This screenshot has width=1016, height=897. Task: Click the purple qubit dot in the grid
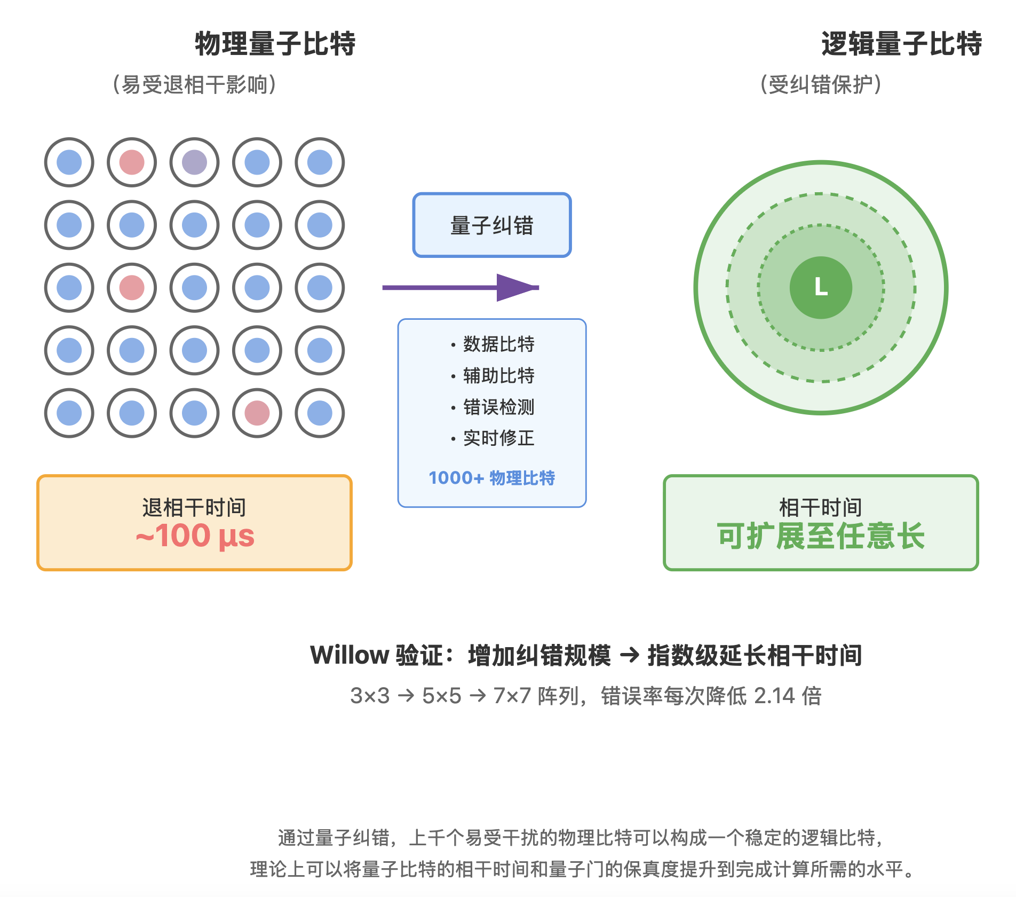pyautogui.click(x=194, y=162)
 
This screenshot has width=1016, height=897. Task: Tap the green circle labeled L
pyautogui.click(x=821, y=288)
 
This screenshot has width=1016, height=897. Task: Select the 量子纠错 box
pyautogui.click(x=491, y=225)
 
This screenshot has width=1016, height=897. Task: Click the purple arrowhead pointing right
pyautogui.click(x=515, y=288)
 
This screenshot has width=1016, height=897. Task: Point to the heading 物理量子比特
pyautogui.click(x=275, y=44)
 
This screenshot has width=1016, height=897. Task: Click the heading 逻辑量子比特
pyautogui.click(x=901, y=44)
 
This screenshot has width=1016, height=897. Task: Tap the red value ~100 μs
pyautogui.click(x=195, y=536)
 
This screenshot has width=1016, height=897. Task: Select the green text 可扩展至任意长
pyautogui.click(x=821, y=536)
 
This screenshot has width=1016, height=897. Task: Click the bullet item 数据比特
pyautogui.click(x=498, y=344)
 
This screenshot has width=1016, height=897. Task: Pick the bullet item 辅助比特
pyautogui.click(x=498, y=376)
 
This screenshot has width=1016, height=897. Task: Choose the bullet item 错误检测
pyautogui.click(x=498, y=407)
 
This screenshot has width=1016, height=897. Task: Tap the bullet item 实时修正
pyautogui.click(x=498, y=438)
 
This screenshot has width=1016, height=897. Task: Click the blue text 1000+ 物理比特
pyautogui.click(x=491, y=478)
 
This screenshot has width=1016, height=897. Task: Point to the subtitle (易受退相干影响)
pyautogui.click(x=194, y=85)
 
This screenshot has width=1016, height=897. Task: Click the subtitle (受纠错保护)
pyautogui.click(x=821, y=85)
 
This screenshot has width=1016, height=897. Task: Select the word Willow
pyautogui.click(x=350, y=655)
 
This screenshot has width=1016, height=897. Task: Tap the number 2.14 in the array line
pyautogui.click(x=773, y=696)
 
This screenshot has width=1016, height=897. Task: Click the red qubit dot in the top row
pyautogui.click(x=132, y=162)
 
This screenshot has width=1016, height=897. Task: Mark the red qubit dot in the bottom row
pyautogui.click(x=257, y=413)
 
